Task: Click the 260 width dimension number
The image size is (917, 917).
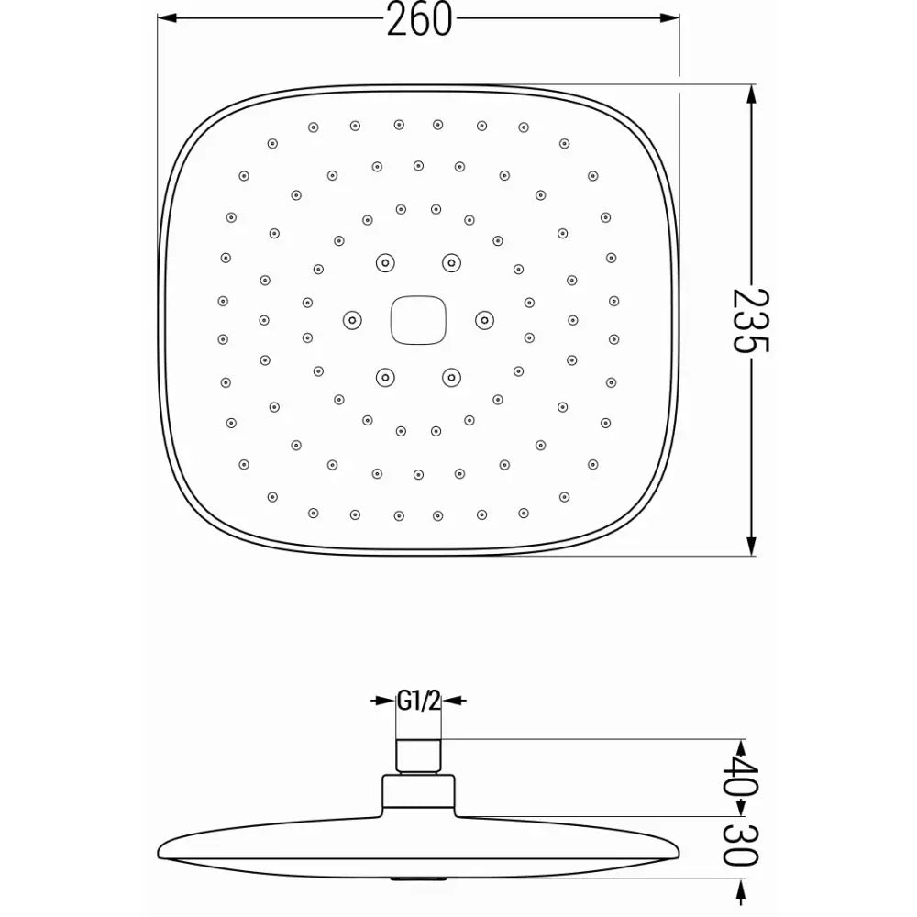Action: (x=419, y=18)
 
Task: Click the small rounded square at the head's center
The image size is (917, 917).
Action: (x=418, y=319)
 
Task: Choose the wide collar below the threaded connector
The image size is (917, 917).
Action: (x=419, y=794)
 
